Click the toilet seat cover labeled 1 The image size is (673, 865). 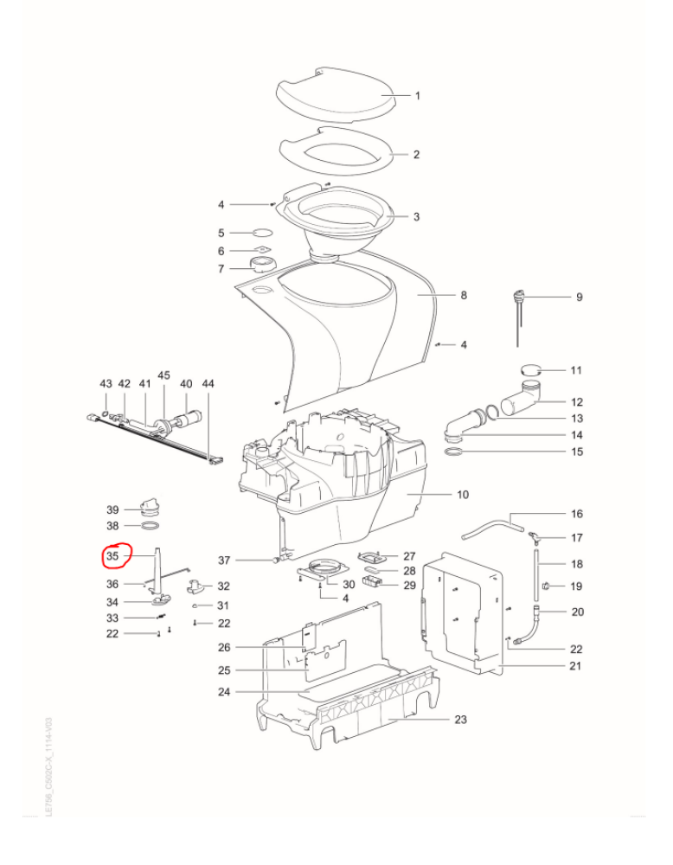click(x=333, y=93)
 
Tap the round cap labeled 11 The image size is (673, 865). click(x=531, y=370)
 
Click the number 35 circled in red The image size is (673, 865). click(x=112, y=555)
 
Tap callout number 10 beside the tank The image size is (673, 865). click(x=462, y=495)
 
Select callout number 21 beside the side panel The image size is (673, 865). click(x=576, y=666)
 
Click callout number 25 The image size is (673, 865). click(x=223, y=671)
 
